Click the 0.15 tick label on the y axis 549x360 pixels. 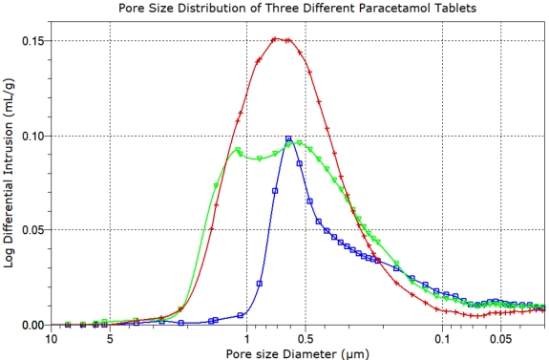(32, 41)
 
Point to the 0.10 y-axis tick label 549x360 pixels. (32, 136)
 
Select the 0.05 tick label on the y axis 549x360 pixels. (32, 230)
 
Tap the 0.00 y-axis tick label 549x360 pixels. (32, 325)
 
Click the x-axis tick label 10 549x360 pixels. (52, 338)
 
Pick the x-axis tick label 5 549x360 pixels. (110, 338)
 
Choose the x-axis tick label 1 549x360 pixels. (247, 338)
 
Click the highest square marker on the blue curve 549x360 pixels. (288, 138)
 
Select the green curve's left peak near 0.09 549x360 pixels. (237, 149)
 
